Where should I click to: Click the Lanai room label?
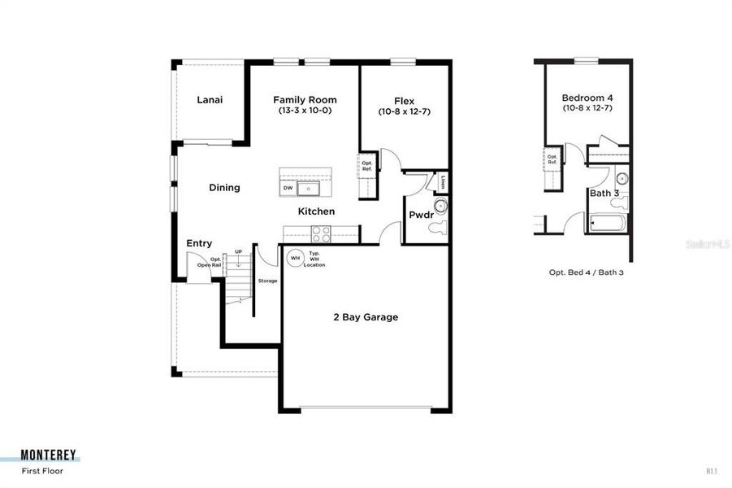pos(210,100)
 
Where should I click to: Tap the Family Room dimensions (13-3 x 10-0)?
pos(305,110)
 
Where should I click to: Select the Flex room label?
pos(404,101)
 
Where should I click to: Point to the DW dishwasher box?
pos(288,189)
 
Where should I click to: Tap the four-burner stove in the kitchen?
pos(320,233)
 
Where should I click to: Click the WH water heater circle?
pos(295,258)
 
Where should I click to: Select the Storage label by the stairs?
pos(267,281)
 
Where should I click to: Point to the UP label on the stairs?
pos(238,251)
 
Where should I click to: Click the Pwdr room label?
pos(421,215)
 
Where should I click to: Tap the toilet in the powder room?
pos(439,228)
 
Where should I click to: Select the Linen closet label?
pos(444,182)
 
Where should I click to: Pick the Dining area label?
pos(224,188)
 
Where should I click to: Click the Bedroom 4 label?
pos(587,98)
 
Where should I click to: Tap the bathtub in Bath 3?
pos(609,222)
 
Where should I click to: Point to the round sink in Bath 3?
pos(622,178)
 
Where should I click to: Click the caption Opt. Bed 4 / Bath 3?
pos(587,272)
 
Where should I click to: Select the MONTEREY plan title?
pos(50,455)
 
